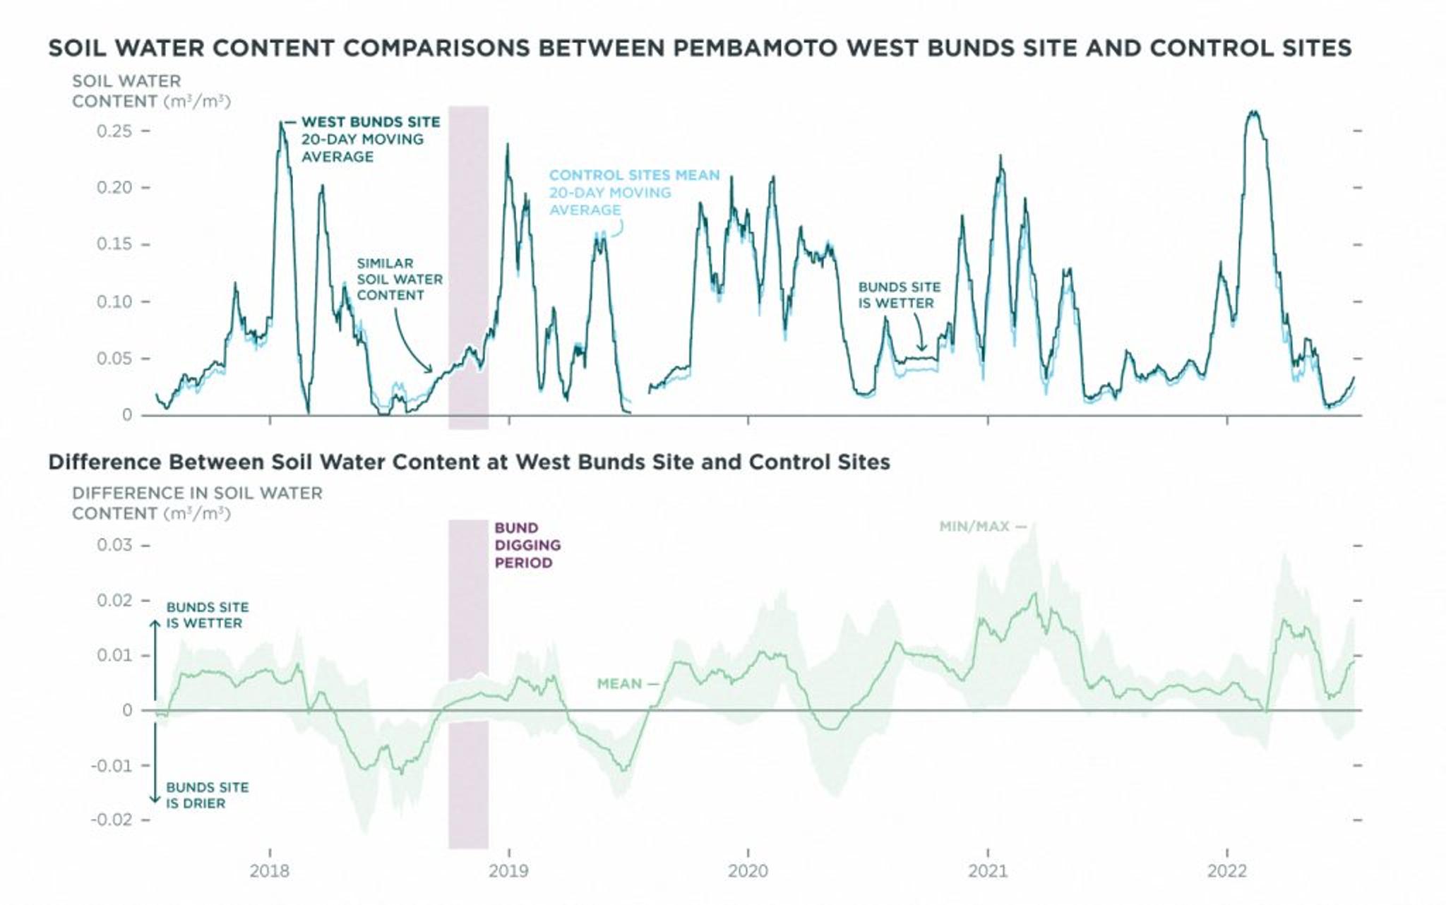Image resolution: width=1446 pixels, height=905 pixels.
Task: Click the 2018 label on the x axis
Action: tap(269, 870)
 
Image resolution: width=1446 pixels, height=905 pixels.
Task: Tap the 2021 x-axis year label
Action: tap(987, 870)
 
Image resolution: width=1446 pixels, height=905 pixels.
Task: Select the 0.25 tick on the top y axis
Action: tap(114, 131)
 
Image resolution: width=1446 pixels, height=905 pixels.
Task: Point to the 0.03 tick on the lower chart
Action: tap(114, 545)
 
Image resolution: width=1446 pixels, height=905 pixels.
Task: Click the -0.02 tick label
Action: tap(111, 820)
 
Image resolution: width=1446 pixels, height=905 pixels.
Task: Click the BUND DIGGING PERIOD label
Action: tap(527, 545)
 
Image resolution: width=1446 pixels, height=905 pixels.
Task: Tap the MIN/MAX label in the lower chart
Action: tap(974, 527)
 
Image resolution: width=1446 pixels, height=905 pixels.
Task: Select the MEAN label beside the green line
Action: tap(619, 683)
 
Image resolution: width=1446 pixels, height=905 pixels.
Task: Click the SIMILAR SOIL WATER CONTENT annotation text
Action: tap(399, 279)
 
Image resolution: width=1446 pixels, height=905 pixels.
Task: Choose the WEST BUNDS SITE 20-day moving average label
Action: tap(370, 139)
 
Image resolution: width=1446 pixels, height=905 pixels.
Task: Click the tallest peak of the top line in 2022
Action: tap(1253, 113)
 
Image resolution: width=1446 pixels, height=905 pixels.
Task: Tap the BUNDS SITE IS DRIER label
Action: tap(207, 795)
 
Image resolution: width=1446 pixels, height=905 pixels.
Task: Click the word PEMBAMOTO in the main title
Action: tap(754, 48)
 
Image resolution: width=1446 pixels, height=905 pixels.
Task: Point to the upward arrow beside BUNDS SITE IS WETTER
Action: tap(155, 635)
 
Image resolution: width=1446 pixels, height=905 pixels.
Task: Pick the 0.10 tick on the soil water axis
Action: tap(114, 301)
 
